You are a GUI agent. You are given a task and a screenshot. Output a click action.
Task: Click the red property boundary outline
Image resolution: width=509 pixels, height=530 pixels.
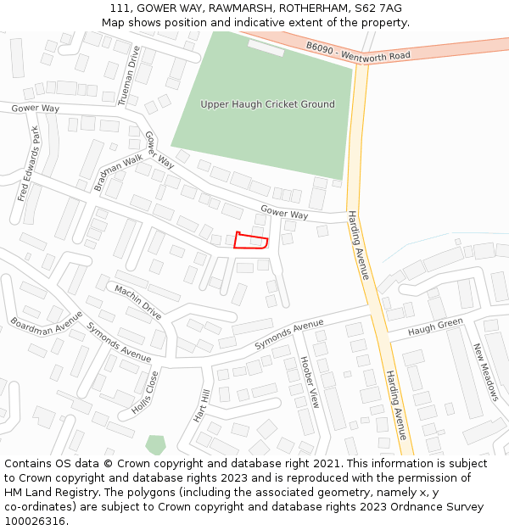(251, 241)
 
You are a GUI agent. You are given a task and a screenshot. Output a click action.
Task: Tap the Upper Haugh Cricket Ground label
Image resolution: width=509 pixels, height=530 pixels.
(267, 104)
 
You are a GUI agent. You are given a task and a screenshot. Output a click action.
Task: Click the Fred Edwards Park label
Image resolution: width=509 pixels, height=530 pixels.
(29, 164)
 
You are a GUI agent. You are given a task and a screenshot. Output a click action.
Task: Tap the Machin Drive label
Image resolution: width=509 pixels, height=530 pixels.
(137, 302)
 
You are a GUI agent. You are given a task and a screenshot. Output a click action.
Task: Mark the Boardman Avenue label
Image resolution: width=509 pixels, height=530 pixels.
(47, 321)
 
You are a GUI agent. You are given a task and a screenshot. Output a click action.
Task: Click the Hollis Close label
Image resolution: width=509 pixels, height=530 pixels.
(145, 392)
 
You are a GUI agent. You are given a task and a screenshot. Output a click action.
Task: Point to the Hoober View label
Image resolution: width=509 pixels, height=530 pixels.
(309, 382)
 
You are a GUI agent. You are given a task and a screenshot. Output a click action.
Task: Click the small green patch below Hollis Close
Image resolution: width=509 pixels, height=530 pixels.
(155, 444)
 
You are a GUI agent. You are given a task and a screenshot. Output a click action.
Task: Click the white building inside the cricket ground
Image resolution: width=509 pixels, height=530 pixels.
(266, 47)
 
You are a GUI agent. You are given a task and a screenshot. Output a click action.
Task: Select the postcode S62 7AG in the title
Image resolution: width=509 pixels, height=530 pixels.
(379, 8)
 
